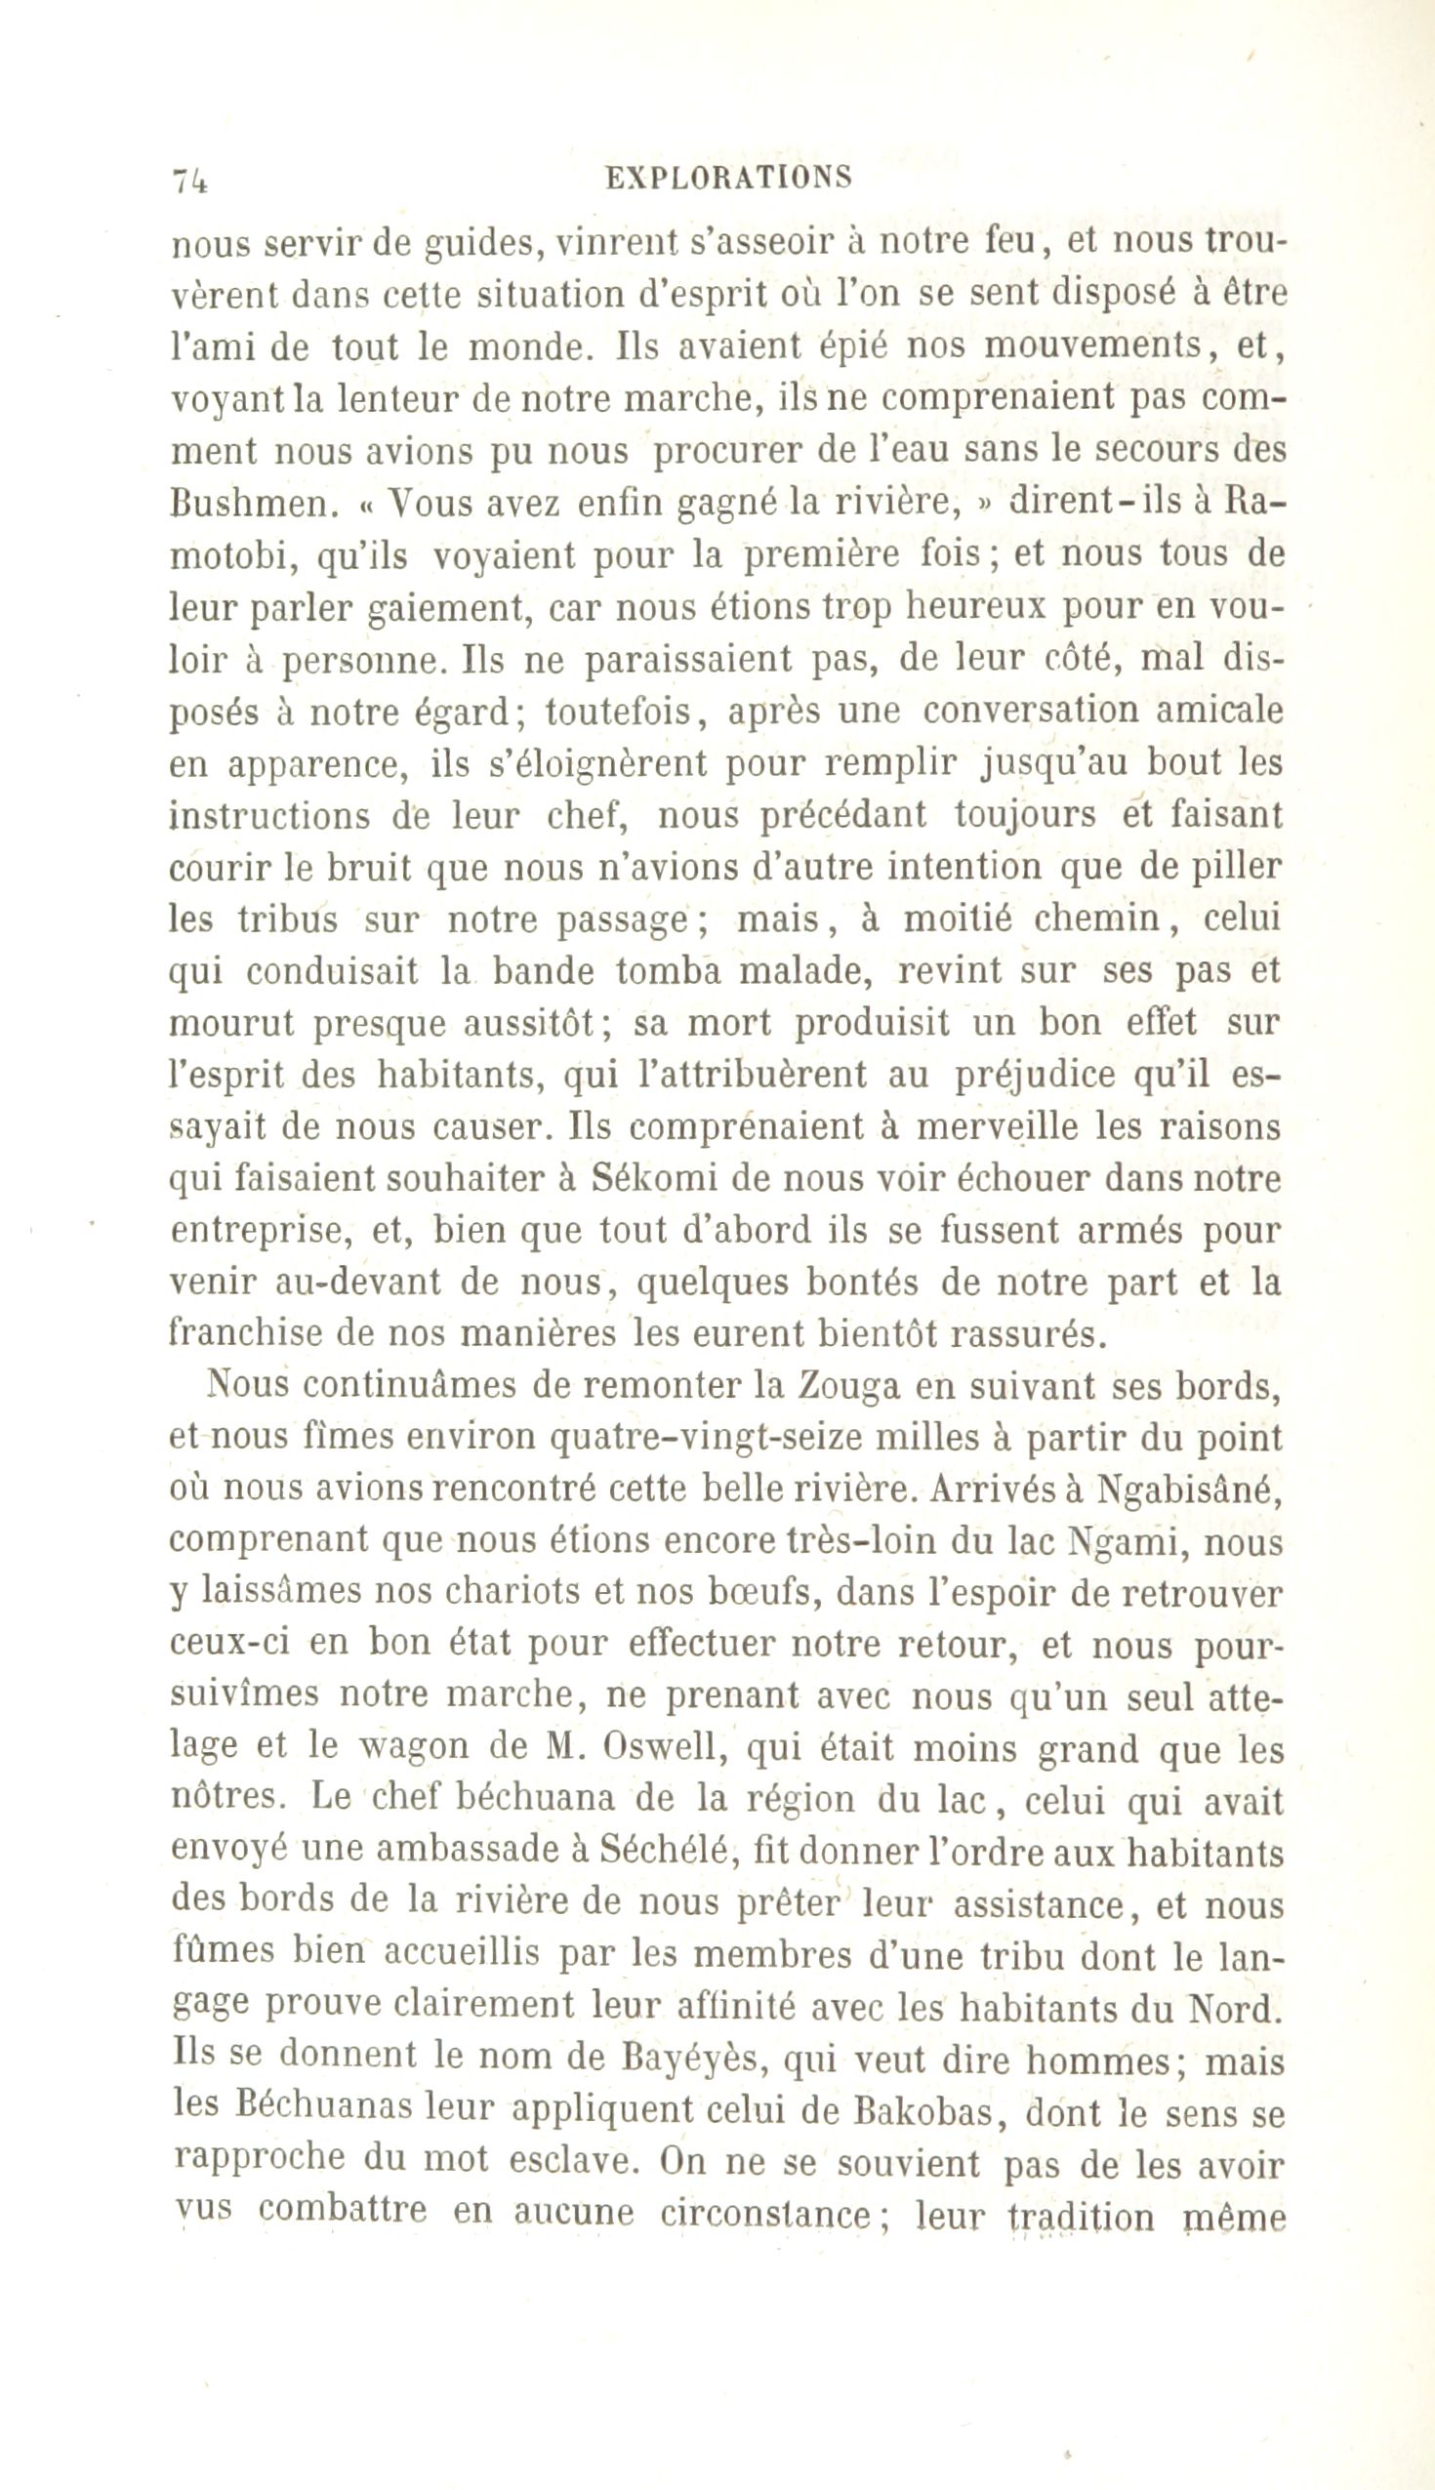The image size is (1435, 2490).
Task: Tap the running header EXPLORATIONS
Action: [x=728, y=178]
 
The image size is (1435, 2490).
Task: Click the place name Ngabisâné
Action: [x=1190, y=1490]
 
